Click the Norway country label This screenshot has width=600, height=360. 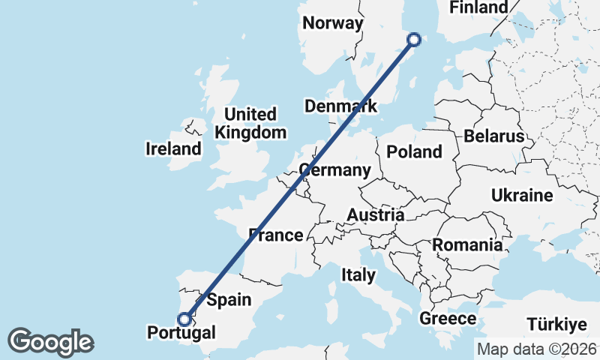(332, 23)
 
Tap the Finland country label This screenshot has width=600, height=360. (478, 7)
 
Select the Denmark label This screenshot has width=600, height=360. (340, 106)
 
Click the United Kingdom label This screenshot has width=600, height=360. (250, 124)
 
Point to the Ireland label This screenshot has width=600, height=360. (173, 148)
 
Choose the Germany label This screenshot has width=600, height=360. (334, 169)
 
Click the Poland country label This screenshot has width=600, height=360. (414, 151)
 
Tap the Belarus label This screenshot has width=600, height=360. (493, 136)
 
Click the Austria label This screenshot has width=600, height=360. (375, 215)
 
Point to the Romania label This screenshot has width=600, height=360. (466, 244)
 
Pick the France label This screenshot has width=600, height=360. (276, 235)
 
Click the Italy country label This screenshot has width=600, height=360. (358, 275)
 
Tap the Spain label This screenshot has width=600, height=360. (228, 301)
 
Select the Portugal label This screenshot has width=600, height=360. (181, 332)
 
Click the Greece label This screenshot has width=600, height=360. (448, 319)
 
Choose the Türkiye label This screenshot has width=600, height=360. (555, 325)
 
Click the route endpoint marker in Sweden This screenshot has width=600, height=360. (414, 40)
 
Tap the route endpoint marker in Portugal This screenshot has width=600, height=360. (184, 319)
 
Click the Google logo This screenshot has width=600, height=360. (50, 342)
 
